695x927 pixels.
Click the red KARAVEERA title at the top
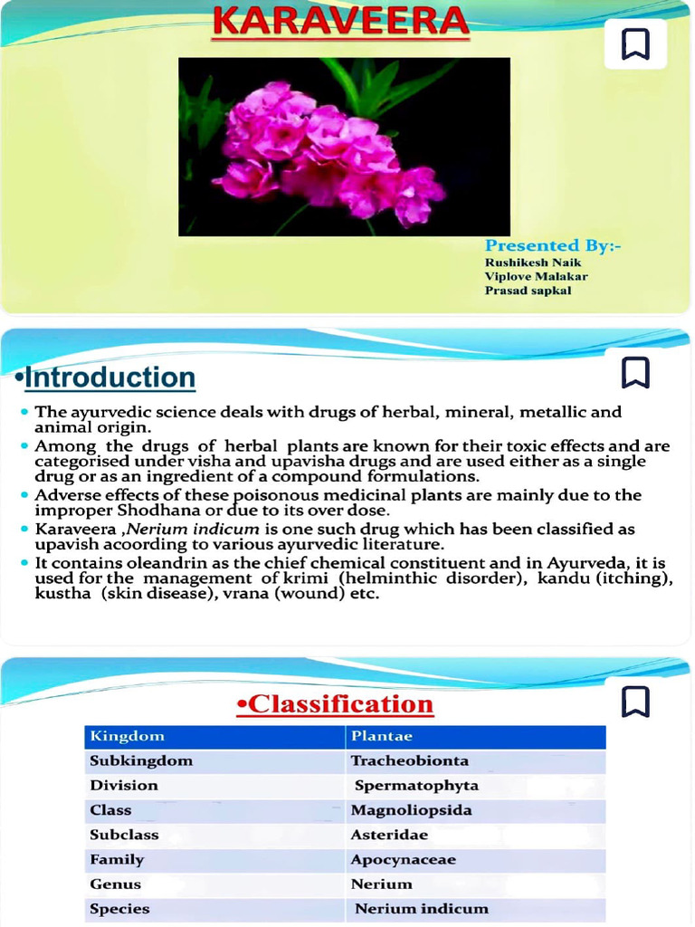341,22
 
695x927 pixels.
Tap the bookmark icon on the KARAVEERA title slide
635,44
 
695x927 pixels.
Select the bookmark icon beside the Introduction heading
635,372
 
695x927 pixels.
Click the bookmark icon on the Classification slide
635,702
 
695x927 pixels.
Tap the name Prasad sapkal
528,291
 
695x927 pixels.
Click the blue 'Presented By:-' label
552,245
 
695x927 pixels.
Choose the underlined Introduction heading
109,377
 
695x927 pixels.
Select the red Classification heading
335,704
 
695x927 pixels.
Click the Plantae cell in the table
382,737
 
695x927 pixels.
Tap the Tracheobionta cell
410,761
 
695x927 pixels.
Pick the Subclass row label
124,835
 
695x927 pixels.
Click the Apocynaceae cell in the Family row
404,860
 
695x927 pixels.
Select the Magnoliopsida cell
412,810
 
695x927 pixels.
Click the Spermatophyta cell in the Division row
416,786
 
